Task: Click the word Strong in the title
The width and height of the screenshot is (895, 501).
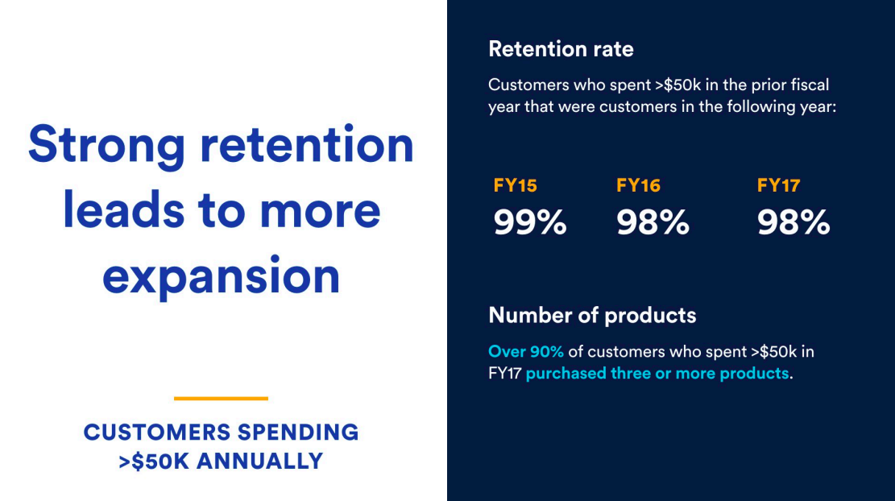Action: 106,145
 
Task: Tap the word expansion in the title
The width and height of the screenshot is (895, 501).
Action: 222,276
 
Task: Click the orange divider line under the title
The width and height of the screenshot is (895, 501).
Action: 221,398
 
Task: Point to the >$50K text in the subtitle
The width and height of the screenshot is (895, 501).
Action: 154,462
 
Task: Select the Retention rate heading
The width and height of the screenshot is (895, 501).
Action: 561,49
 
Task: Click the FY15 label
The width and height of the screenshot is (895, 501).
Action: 515,186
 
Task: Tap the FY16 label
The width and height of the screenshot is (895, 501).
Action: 638,186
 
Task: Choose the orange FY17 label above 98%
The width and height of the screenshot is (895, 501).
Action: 778,186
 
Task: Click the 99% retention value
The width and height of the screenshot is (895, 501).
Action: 529,223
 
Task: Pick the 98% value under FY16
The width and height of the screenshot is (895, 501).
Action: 653,223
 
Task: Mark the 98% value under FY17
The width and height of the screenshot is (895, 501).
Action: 793,223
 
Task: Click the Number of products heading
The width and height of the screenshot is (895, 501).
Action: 592,315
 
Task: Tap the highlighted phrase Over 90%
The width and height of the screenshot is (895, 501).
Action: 526,352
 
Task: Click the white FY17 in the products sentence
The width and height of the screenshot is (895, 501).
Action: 504,374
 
